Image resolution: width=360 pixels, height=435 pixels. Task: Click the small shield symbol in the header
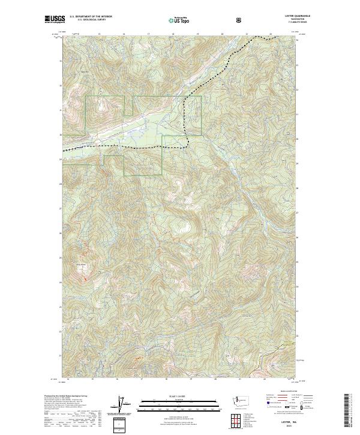(241, 19)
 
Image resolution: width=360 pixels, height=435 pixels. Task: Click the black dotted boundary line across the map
(120, 146)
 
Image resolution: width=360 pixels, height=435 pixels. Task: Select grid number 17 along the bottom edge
(141, 379)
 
